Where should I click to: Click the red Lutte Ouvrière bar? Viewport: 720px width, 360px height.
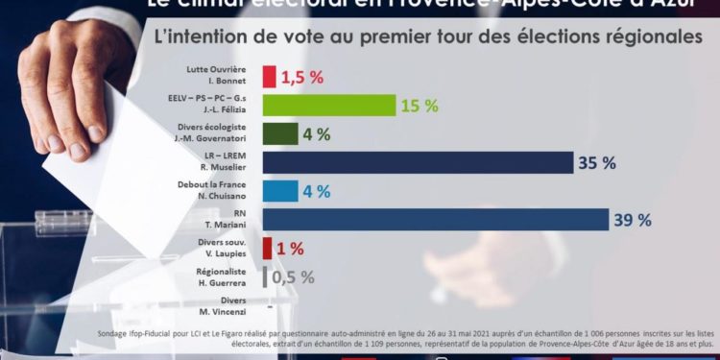269,77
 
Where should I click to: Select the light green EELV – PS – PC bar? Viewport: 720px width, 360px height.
328,105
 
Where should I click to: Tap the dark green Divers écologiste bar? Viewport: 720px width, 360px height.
280,133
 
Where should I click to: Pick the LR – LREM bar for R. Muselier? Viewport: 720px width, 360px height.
418,162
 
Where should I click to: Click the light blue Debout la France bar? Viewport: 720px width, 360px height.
280,191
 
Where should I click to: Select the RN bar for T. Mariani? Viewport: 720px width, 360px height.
435,220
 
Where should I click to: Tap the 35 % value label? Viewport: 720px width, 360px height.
596,162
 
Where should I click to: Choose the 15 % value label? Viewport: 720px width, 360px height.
420,105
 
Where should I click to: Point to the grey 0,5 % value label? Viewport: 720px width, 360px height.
293,277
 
